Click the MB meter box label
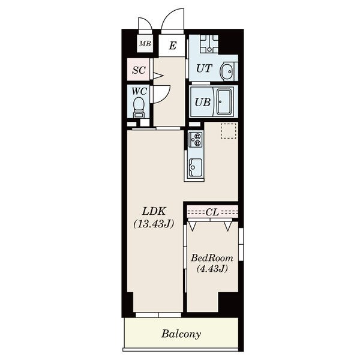(x=145, y=43)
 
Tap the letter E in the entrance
(x=173, y=46)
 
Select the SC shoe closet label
(x=139, y=70)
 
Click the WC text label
(x=139, y=91)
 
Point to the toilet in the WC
(x=139, y=107)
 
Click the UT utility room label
(x=205, y=68)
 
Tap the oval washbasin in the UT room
(x=227, y=71)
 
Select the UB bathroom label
(x=203, y=102)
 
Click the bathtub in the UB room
(x=224, y=102)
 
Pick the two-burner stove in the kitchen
(x=196, y=140)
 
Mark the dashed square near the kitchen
(x=229, y=131)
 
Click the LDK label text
(x=154, y=211)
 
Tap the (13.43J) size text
(x=154, y=224)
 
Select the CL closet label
(x=212, y=212)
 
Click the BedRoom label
(x=212, y=258)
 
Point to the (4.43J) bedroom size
(x=212, y=268)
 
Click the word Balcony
(x=181, y=334)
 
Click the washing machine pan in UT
(x=209, y=44)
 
